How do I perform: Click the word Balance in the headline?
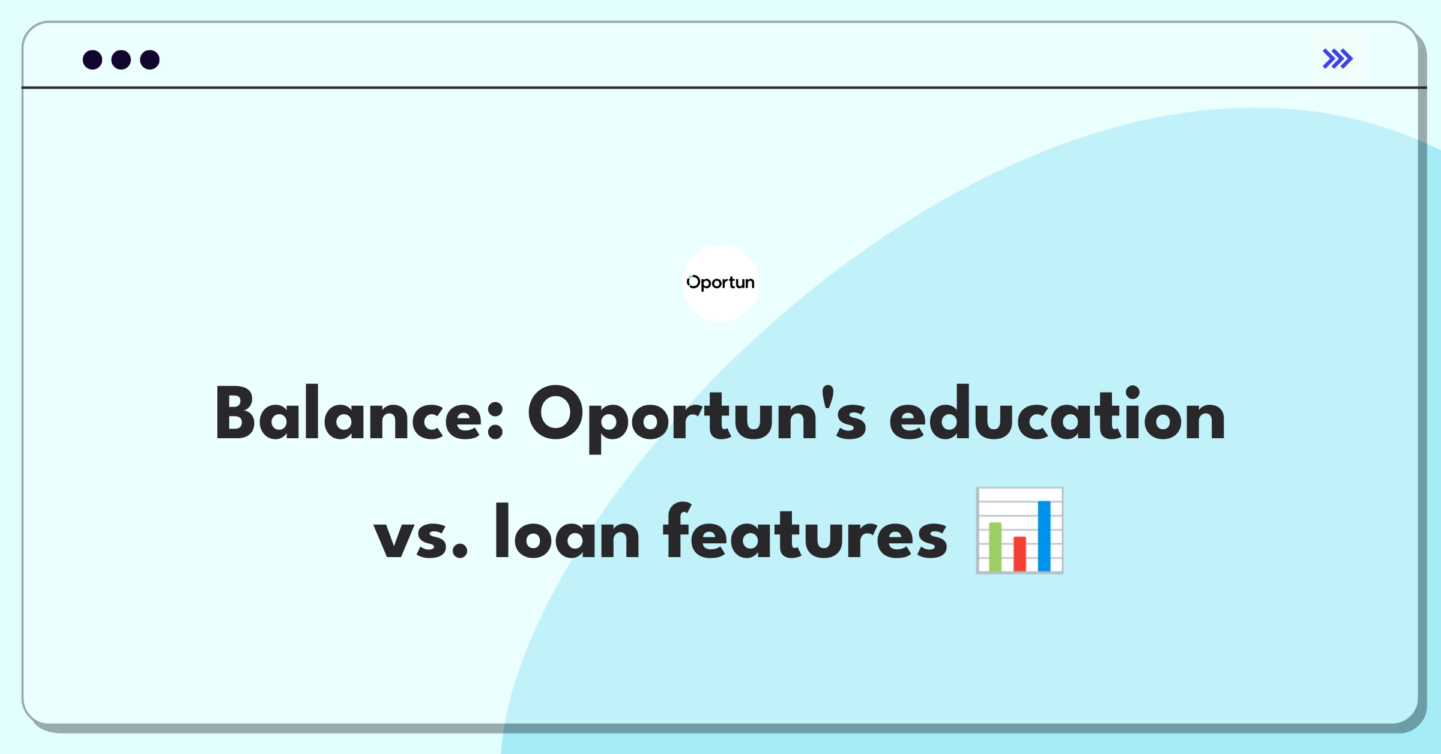click(x=359, y=414)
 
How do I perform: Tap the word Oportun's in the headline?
click(x=696, y=418)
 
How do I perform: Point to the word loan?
click(x=567, y=531)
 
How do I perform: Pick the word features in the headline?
click(x=805, y=531)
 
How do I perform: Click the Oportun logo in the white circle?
click(x=720, y=283)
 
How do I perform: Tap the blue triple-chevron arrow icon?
click(x=1337, y=59)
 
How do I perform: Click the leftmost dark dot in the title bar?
click(x=92, y=59)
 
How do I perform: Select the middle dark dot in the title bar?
click(x=121, y=59)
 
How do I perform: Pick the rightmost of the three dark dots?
click(x=150, y=59)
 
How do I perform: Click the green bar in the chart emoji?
click(x=995, y=546)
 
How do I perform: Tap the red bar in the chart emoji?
click(x=1020, y=553)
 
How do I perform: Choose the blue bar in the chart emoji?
click(x=1044, y=535)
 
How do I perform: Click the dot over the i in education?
click(x=1132, y=393)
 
